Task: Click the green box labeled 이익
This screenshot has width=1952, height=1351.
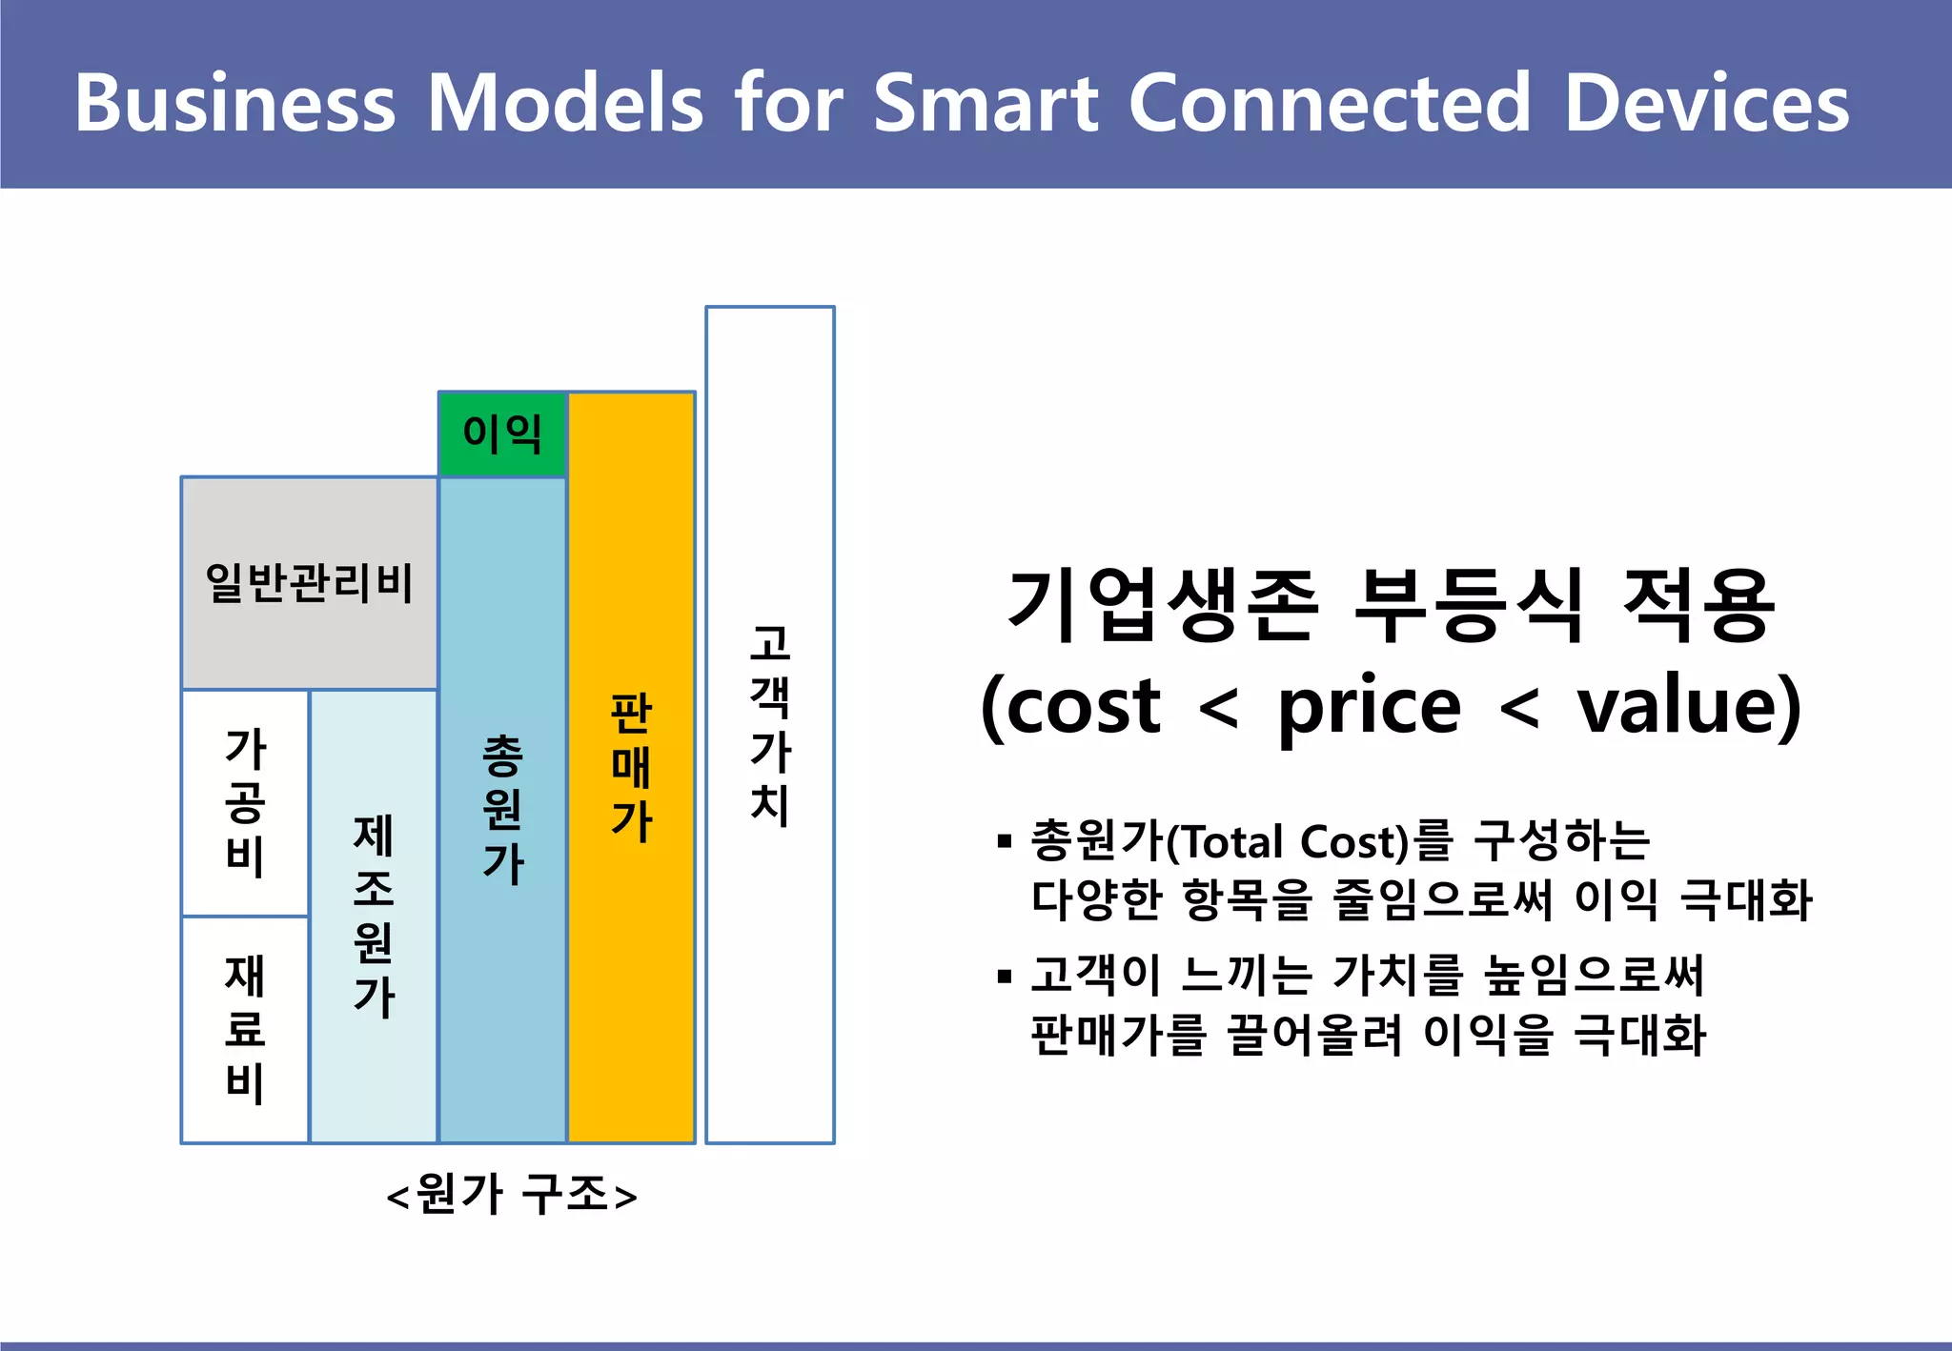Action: pos(502,434)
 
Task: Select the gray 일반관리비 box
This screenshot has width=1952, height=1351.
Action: pos(309,583)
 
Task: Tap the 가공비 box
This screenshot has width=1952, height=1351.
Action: pos(245,802)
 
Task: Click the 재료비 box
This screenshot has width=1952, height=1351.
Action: pos(245,1029)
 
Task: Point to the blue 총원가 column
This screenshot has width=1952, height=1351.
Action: pos(502,810)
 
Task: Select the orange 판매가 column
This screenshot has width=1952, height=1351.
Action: pos(631,768)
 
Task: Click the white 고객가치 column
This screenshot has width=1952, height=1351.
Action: pos(770,724)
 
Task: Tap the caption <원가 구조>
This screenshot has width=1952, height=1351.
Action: pos(512,1194)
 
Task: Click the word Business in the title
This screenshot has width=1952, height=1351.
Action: pos(234,103)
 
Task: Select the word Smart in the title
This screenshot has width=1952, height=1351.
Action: pos(986,103)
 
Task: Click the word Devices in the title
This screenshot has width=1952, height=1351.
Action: pos(1706,103)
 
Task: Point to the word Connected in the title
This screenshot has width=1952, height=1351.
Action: pos(1330,103)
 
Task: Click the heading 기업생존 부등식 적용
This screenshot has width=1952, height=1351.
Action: pos(1392,605)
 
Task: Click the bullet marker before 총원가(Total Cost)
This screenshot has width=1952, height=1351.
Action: pos(1004,841)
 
